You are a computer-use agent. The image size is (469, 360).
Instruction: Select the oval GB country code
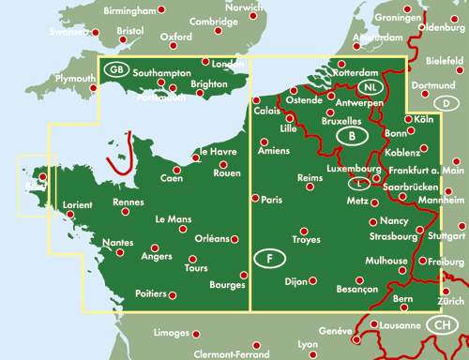coord(116,69)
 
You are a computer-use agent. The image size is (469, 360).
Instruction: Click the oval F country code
coord(270,258)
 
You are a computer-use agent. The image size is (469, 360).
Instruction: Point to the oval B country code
coord(351,137)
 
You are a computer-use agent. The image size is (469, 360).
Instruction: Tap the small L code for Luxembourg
coord(360,182)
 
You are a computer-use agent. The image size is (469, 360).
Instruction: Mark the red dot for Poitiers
coord(173,294)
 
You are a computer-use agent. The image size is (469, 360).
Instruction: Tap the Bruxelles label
coord(341,121)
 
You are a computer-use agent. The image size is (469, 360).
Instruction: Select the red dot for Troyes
coord(302,231)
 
